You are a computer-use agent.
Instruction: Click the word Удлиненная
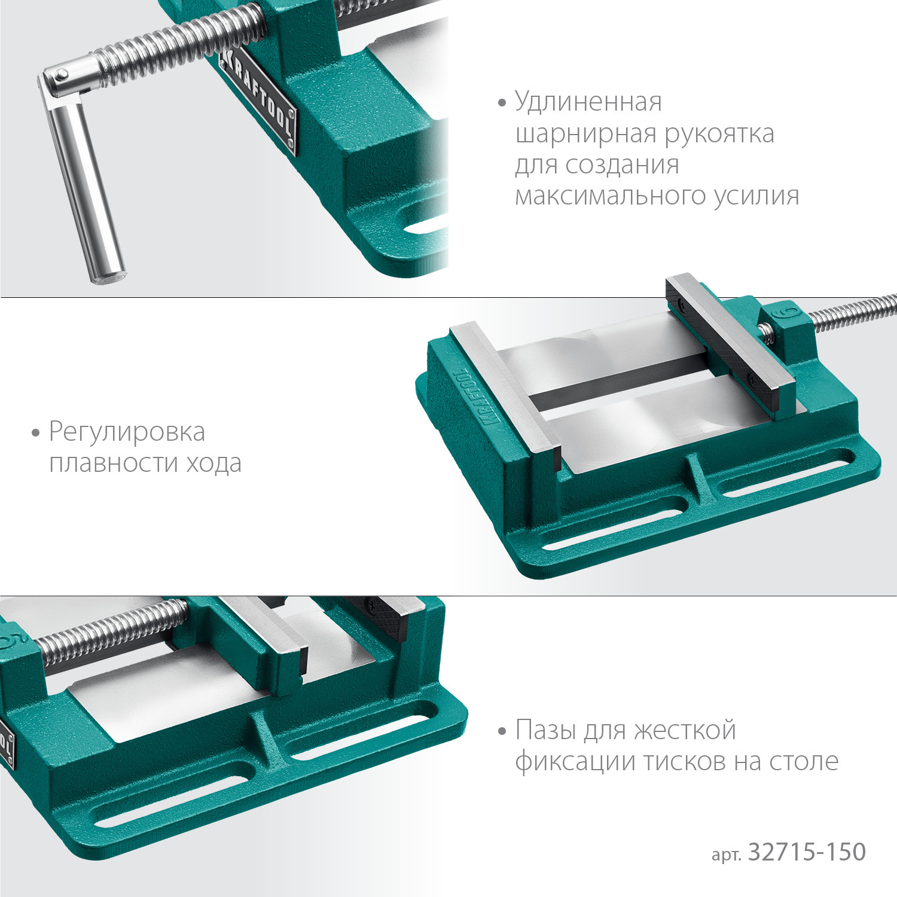(x=588, y=102)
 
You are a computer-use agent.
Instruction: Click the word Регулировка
(x=127, y=432)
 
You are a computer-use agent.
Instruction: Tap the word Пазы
(x=545, y=730)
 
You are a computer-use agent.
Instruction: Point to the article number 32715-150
(x=807, y=852)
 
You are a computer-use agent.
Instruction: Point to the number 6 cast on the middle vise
(x=789, y=313)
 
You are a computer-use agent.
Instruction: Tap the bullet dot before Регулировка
(x=36, y=432)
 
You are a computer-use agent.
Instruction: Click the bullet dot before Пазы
(x=502, y=731)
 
